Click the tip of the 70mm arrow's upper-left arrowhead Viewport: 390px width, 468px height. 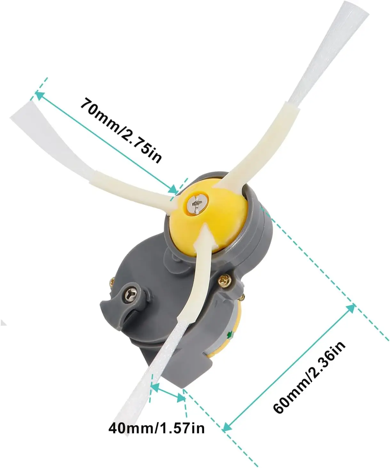36,92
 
